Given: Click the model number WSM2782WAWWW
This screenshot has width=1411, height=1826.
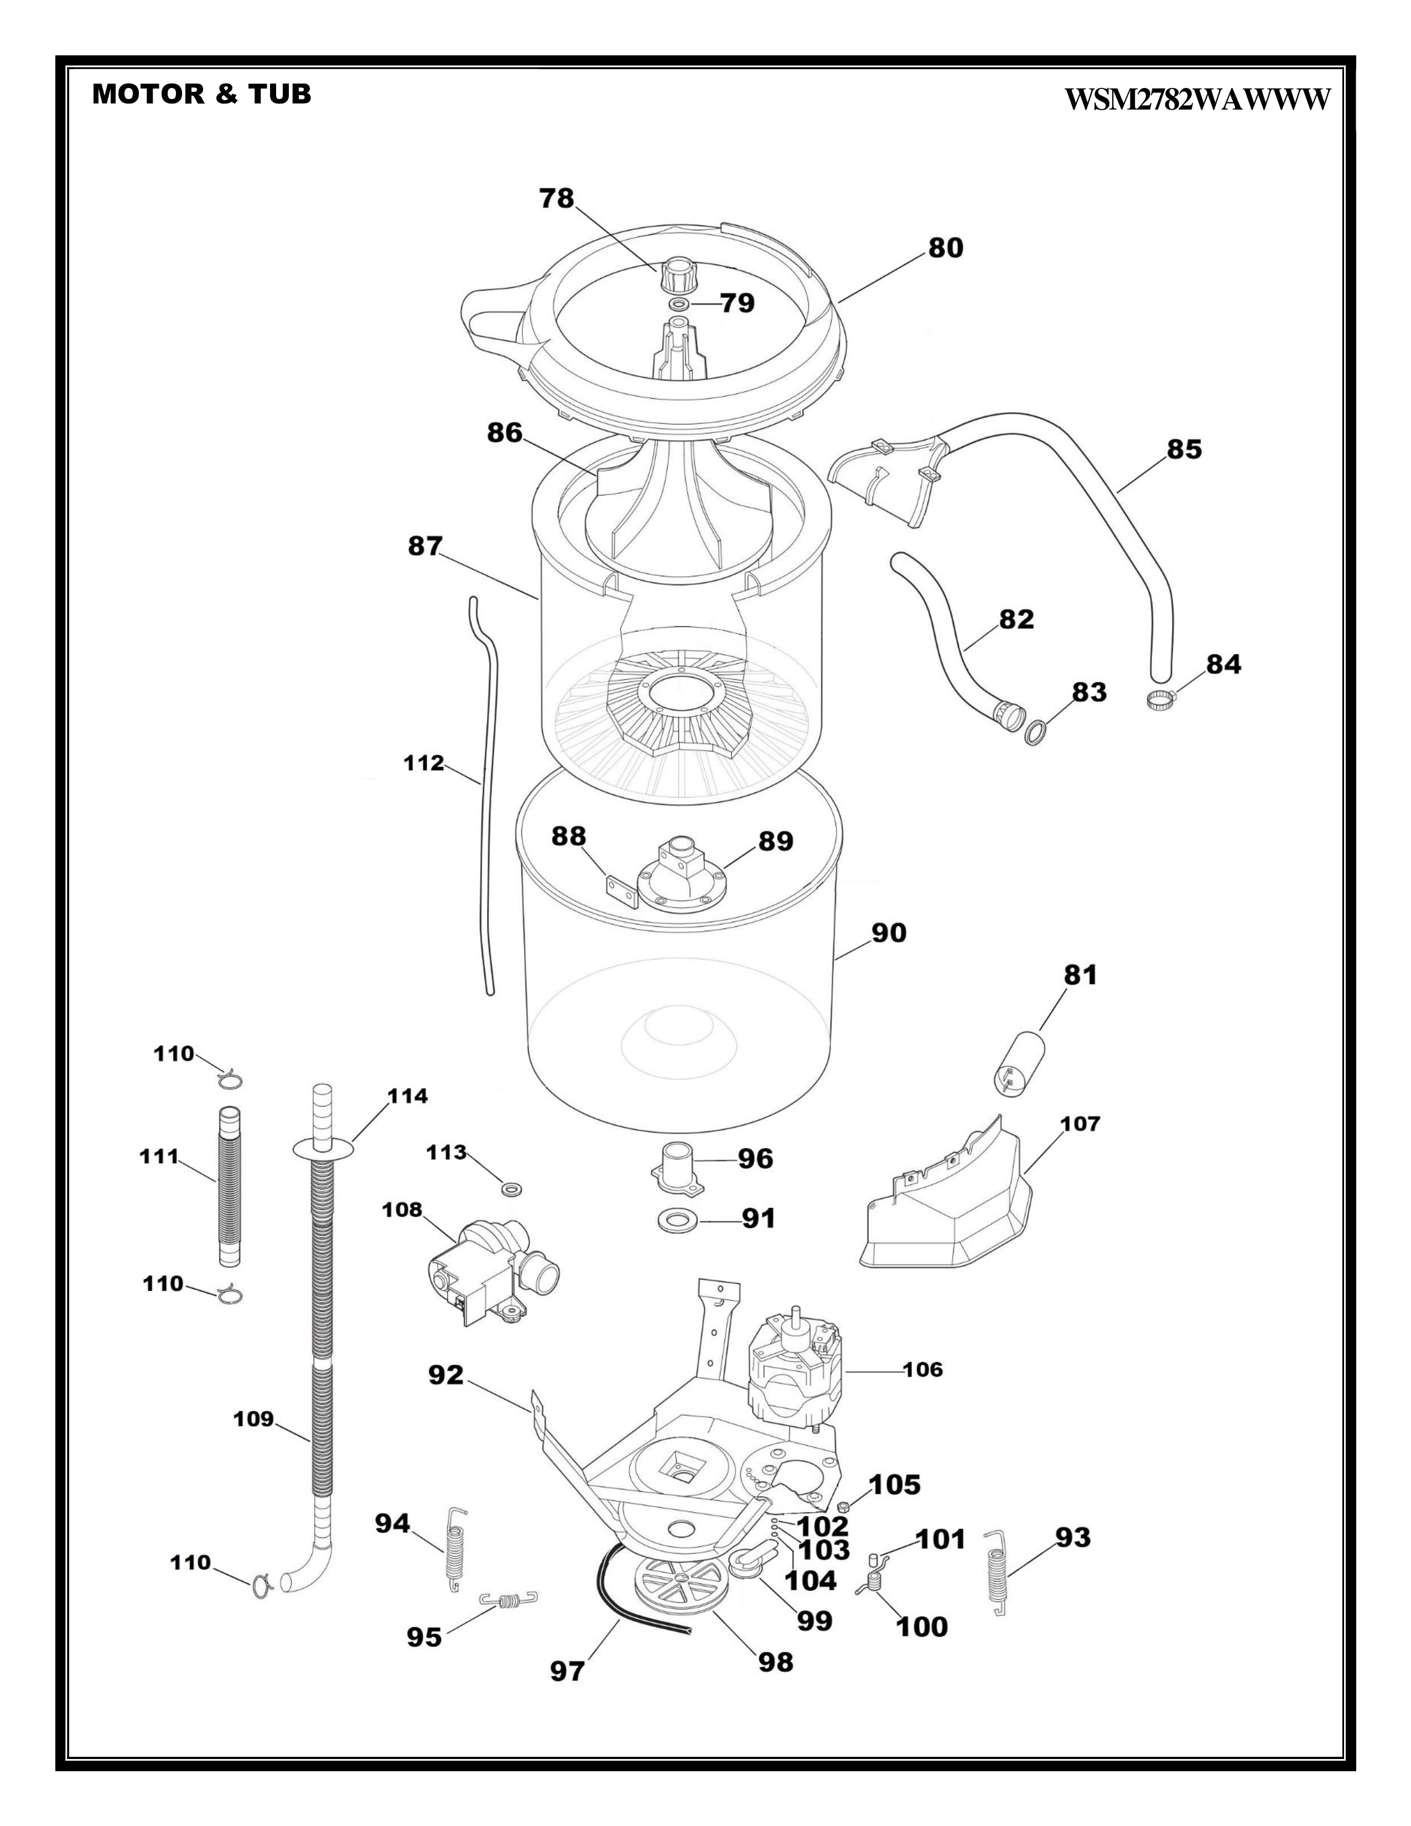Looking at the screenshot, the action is [1196, 100].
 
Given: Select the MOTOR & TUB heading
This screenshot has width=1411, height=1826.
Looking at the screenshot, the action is [201, 94].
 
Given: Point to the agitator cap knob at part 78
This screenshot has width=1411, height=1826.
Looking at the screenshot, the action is [678, 274].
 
